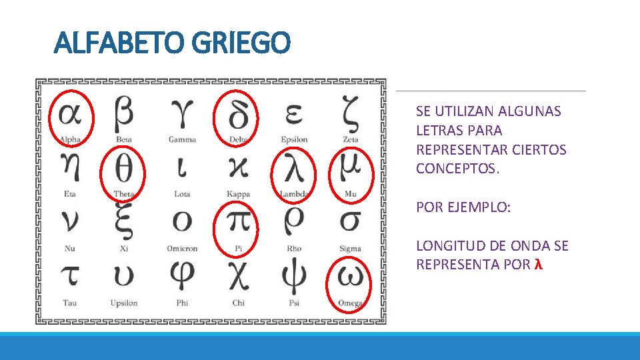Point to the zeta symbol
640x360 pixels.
[351, 113]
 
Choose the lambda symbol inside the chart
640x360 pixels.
[293, 170]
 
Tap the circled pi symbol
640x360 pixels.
[238, 223]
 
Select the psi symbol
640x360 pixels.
[294, 277]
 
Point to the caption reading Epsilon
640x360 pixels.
[294, 139]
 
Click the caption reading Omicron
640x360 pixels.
[182, 249]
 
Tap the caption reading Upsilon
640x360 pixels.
[124, 303]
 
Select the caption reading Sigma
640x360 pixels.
[350, 249]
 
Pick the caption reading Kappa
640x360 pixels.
[238, 194]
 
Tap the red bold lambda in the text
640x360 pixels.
[538, 265]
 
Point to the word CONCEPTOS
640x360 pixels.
[457, 169]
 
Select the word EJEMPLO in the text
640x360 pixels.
[479, 207]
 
